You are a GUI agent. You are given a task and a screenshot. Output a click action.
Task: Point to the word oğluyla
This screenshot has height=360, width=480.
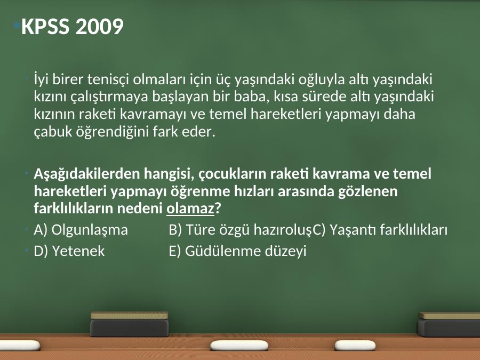click(x=322, y=80)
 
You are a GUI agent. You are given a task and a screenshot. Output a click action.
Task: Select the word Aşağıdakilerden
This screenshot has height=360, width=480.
click(x=86, y=174)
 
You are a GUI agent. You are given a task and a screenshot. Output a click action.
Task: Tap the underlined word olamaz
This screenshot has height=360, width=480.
click(x=190, y=209)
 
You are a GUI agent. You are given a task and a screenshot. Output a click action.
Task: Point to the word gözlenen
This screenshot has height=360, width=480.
click(x=367, y=192)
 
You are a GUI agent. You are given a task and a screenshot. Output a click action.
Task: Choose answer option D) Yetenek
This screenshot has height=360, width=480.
click(x=69, y=251)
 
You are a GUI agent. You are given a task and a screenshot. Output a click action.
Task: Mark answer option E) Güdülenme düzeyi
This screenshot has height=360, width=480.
click(x=237, y=251)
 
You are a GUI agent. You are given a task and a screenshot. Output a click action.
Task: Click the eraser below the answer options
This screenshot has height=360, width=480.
click(x=130, y=324)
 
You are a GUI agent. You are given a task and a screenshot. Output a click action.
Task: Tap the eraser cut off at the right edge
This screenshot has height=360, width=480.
click(x=449, y=324)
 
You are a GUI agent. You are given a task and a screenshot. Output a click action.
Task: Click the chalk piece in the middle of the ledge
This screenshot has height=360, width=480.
click(x=239, y=346)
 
